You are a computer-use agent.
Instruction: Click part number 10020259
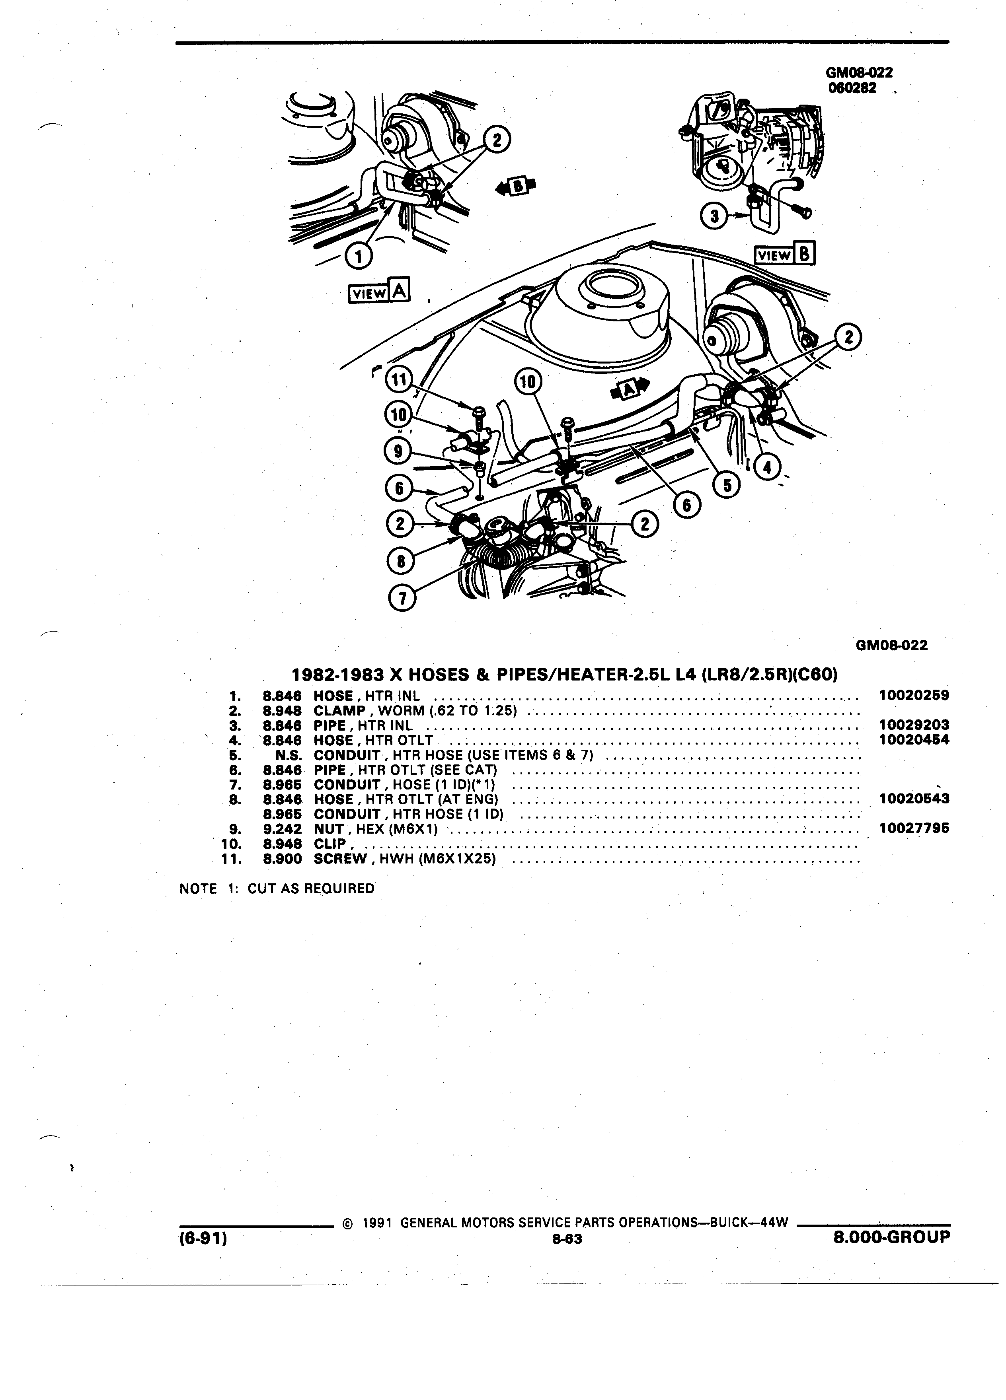[913, 696]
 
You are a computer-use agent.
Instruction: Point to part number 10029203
[913, 725]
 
